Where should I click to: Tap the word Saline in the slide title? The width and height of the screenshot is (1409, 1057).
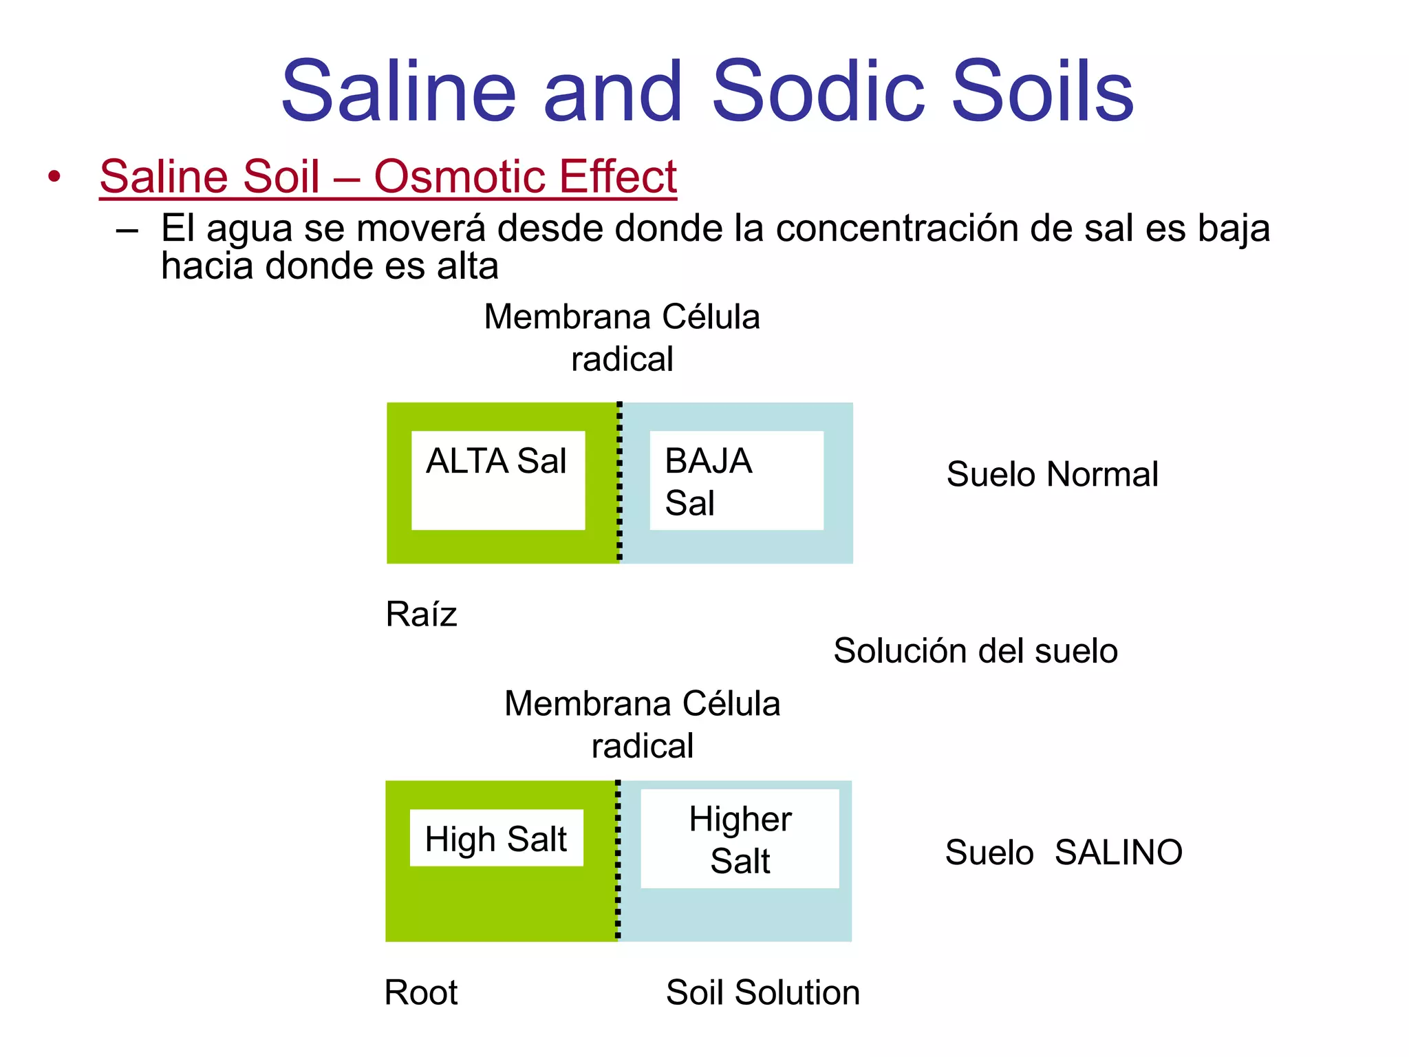pyautogui.click(x=398, y=91)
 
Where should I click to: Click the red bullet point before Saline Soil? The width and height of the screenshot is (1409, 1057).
pyautogui.click(x=54, y=177)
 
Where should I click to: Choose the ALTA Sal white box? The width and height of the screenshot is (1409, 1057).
pyautogui.click(x=498, y=480)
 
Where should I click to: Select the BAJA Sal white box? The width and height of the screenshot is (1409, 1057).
pyautogui.click(x=736, y=480)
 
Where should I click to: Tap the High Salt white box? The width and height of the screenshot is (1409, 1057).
pyautogui.click(x=496, y=838)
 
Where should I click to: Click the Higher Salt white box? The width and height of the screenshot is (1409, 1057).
pyautogui.click(x=740, y=839)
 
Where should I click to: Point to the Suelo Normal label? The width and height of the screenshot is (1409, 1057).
pyautogui.click(x=1052, y=474)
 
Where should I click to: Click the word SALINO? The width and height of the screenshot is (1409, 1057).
pyautogui.click(x=1118, y=853)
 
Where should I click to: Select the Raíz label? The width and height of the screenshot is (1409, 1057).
pyautogui.click(x=421, y=614)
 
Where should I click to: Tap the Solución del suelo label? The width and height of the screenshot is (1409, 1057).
pyautogui.click(x=975, y=651)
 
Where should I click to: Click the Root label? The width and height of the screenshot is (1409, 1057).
pyautogui.click(x=420, y=992)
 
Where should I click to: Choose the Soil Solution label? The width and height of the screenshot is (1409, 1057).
pyautogui.click(x=762, y=992)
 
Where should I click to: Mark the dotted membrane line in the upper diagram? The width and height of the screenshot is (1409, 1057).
pyautogui.click(x=619, y=482)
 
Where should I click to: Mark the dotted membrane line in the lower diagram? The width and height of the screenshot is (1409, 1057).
pyautogui.click(x=618, y=860)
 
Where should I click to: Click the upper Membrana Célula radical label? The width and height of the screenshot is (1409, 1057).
pyautogui.click(x=622, y=337)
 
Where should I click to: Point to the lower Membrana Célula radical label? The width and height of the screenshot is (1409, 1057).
pyautogui.click(x=642, y=724)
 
